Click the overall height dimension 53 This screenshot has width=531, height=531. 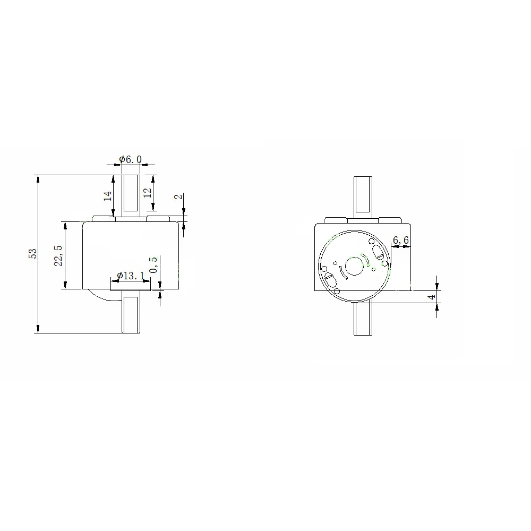tap(33, 254)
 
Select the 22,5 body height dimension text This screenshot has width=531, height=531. tap(58, 256)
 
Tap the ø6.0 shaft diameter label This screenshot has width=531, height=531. tap(131, 159)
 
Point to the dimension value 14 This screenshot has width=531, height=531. tap(108, 196)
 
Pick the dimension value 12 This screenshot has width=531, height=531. tap(148, 193)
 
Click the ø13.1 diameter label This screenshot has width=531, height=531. tap(131, 276)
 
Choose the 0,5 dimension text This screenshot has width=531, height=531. tap(153, 264)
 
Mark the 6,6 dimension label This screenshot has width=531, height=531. tap(400, 240)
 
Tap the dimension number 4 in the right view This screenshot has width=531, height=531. tap(432, 297)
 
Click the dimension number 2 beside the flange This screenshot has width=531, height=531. tap(178, 196)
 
